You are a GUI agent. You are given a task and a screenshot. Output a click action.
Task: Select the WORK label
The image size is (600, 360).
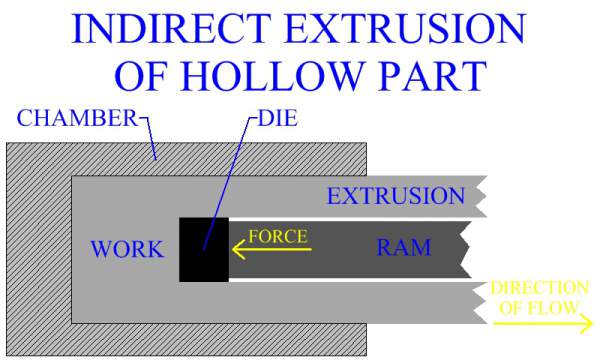126,249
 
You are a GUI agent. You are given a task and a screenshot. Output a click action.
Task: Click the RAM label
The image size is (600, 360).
403,247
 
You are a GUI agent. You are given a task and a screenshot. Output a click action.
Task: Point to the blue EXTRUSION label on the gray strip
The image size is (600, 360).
396,196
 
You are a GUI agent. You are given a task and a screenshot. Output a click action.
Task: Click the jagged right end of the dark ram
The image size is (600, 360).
467,248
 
